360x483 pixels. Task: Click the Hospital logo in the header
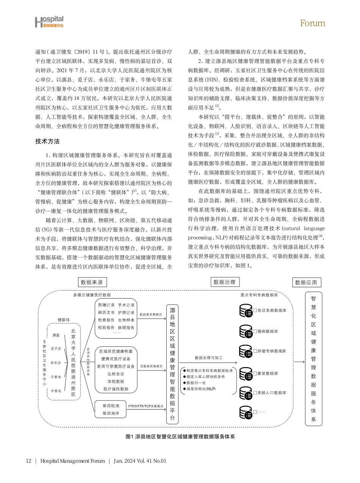(49, 22)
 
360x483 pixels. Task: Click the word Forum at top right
(312, 23)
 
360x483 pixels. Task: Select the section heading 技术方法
(47, 142)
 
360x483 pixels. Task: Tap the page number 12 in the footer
(28, 461)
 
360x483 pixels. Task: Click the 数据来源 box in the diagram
(92, 282)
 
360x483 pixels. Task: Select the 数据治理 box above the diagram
(225, 282)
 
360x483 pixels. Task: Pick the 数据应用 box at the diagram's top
(306, 282)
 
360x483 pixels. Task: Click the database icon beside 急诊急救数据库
(246, 311)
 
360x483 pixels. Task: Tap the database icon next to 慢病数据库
(246, 331)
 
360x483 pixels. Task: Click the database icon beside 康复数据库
(246, 374)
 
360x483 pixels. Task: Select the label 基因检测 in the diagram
(111, 406)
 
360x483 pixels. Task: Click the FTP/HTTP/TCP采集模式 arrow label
(146, 406)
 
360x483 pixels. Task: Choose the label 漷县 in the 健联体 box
(56, 335)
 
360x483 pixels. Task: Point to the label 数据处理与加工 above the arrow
(208, 358)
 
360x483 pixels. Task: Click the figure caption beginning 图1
(180, 436)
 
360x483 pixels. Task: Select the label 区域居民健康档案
(116, 351)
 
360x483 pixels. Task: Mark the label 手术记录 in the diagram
(126, 305)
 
